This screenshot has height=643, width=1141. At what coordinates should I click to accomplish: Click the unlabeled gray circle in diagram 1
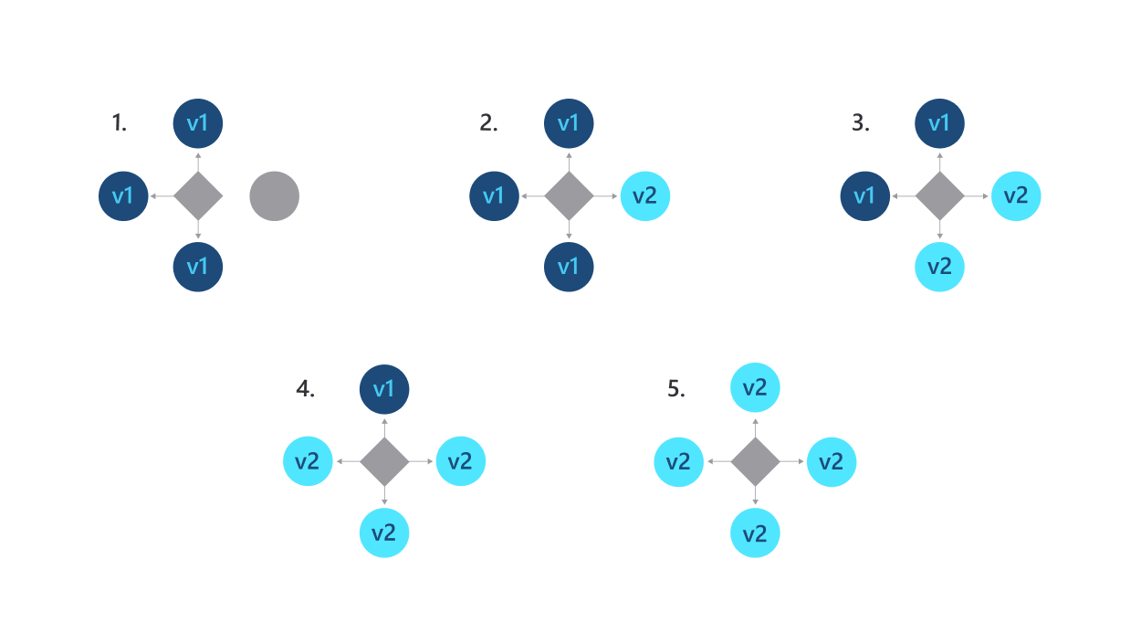[274, 195]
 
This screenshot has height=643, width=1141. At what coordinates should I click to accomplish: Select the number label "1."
[119, 123]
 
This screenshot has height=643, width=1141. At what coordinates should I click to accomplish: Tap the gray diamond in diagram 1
[198, 195]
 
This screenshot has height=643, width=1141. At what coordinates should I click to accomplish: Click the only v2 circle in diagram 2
[644, 195]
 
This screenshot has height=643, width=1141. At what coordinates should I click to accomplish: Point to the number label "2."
[488, 123]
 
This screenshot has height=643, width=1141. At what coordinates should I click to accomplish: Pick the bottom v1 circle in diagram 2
[568, 267]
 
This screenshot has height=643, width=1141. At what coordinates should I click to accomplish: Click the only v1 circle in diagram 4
[383, 389]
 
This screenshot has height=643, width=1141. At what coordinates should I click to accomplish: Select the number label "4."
[305, 389]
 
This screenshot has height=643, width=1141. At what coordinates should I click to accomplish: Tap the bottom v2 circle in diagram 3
[939, 267]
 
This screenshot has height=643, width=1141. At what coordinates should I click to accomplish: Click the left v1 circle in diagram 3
[864, 195]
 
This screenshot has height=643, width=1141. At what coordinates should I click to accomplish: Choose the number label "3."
[860, 123]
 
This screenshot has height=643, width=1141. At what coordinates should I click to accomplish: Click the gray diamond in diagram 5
[755, 461]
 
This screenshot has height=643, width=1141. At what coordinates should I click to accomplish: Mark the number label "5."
[675, 389]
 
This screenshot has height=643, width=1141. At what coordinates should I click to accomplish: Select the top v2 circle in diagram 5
[755, 388]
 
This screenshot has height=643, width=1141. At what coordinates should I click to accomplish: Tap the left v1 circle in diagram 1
[123, 195]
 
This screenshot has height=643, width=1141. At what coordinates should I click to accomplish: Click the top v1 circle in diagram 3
[939, 123]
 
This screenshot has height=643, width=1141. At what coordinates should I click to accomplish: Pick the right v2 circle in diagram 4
[460, 461]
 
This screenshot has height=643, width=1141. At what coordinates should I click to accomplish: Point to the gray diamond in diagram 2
[568, 195]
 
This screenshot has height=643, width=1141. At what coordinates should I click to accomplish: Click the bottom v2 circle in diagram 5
[755, 533]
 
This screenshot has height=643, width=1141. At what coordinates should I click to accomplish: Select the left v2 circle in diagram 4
[308, 461]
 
